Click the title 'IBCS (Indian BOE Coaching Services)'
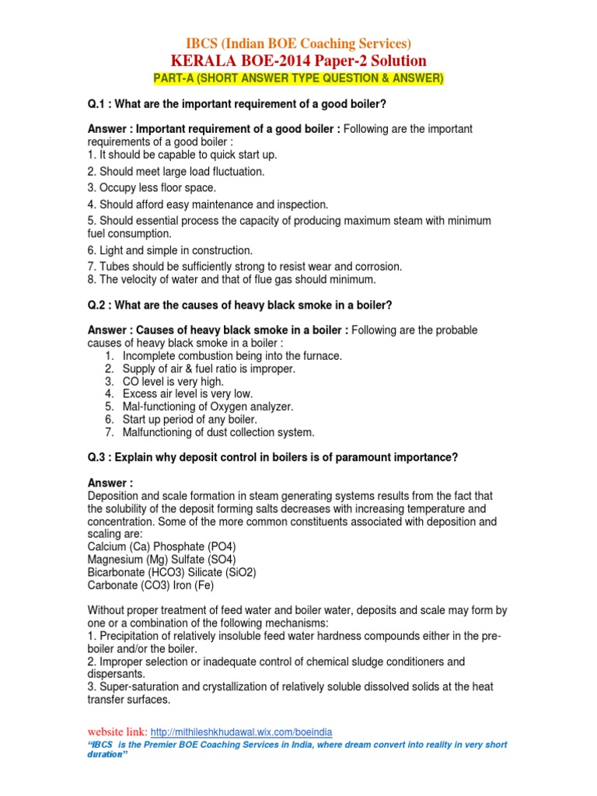(298, 44)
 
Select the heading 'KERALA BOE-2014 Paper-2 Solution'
(298, 61)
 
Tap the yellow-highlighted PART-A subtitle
(298, 79)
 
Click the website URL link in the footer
(241, 731)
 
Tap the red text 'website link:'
(117, 731)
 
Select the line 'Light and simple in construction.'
(169, 250)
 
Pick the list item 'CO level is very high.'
(173, 382)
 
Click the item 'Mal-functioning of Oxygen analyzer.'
(208, 407)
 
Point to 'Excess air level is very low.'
(187, 394)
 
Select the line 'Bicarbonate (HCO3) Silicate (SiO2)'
(172, 572)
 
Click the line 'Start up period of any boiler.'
(189, 420)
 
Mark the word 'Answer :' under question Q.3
(110, 483)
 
